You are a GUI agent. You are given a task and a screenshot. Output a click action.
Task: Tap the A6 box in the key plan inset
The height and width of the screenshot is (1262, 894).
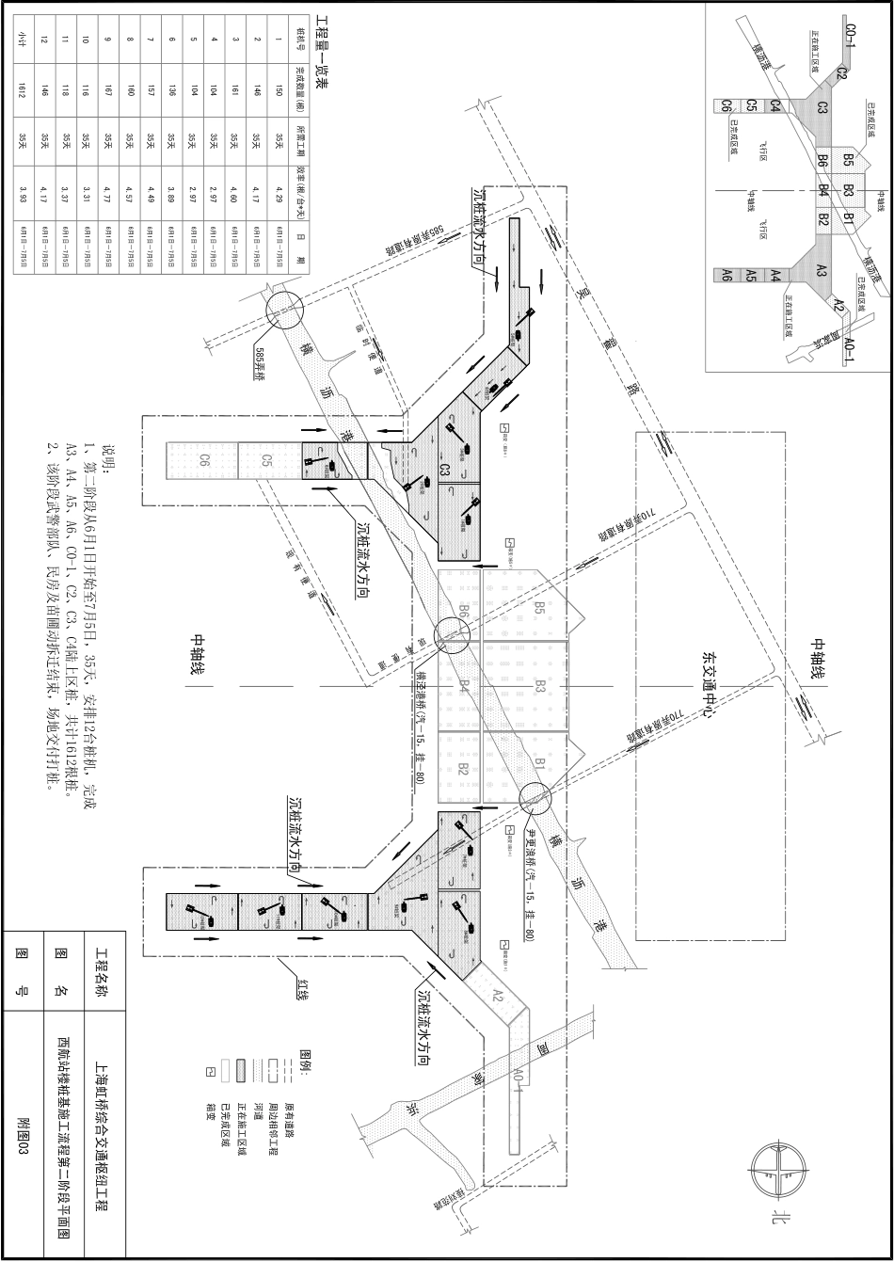(x=726, y=276)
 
